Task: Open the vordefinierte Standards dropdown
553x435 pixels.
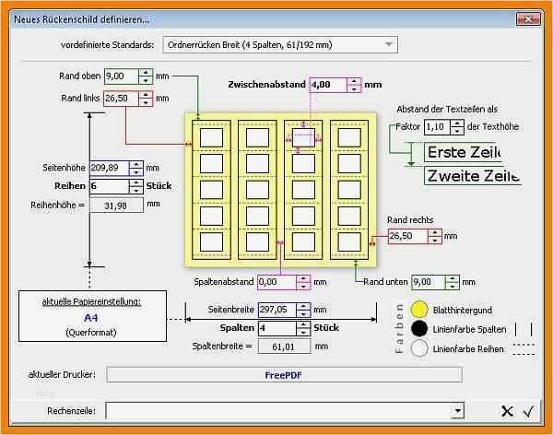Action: pyautogui.click(x=280, y=44)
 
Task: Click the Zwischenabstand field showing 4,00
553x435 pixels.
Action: pyautogui.click(x=328, y=85)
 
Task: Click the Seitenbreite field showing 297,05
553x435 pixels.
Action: pyautogui.click(x=277, y=311)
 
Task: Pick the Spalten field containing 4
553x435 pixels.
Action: pyautogui.click(x=277, y=328)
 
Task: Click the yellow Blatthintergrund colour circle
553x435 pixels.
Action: pyautogui.click(x=419, y=311)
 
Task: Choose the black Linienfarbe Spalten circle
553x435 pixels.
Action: pyautogui.click(x=419, y=329)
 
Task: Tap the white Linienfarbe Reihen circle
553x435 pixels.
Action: pyautogui.click(x=419, y=348)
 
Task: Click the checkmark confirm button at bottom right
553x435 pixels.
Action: pyautogui.click(x=529, y=411)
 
